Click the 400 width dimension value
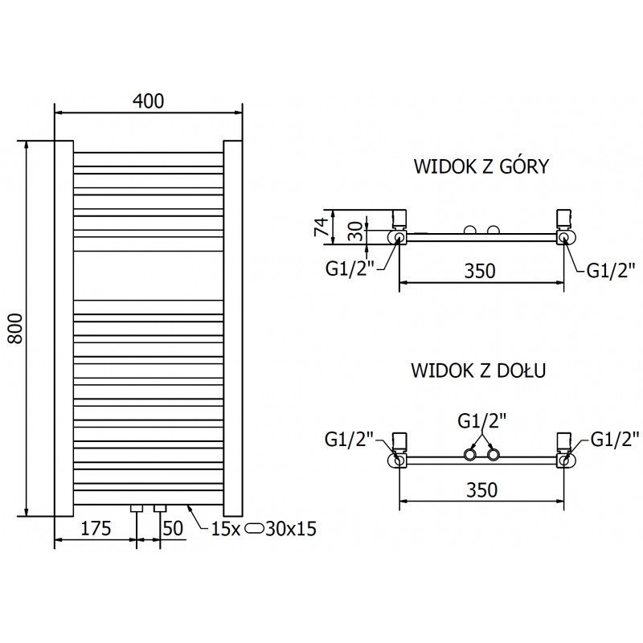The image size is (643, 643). tap(148, 101)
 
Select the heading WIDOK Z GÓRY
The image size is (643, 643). tap(481, 166)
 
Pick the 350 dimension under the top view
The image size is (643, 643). tap(480, 271)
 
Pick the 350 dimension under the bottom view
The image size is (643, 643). tap(480, 489)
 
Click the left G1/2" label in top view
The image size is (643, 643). tap(351, 269)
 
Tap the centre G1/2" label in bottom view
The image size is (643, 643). tap(481, 420)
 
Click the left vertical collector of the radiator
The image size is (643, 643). tap(63, 328)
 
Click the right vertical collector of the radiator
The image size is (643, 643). tap(233, 328)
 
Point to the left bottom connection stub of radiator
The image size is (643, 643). tap(137, 509)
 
